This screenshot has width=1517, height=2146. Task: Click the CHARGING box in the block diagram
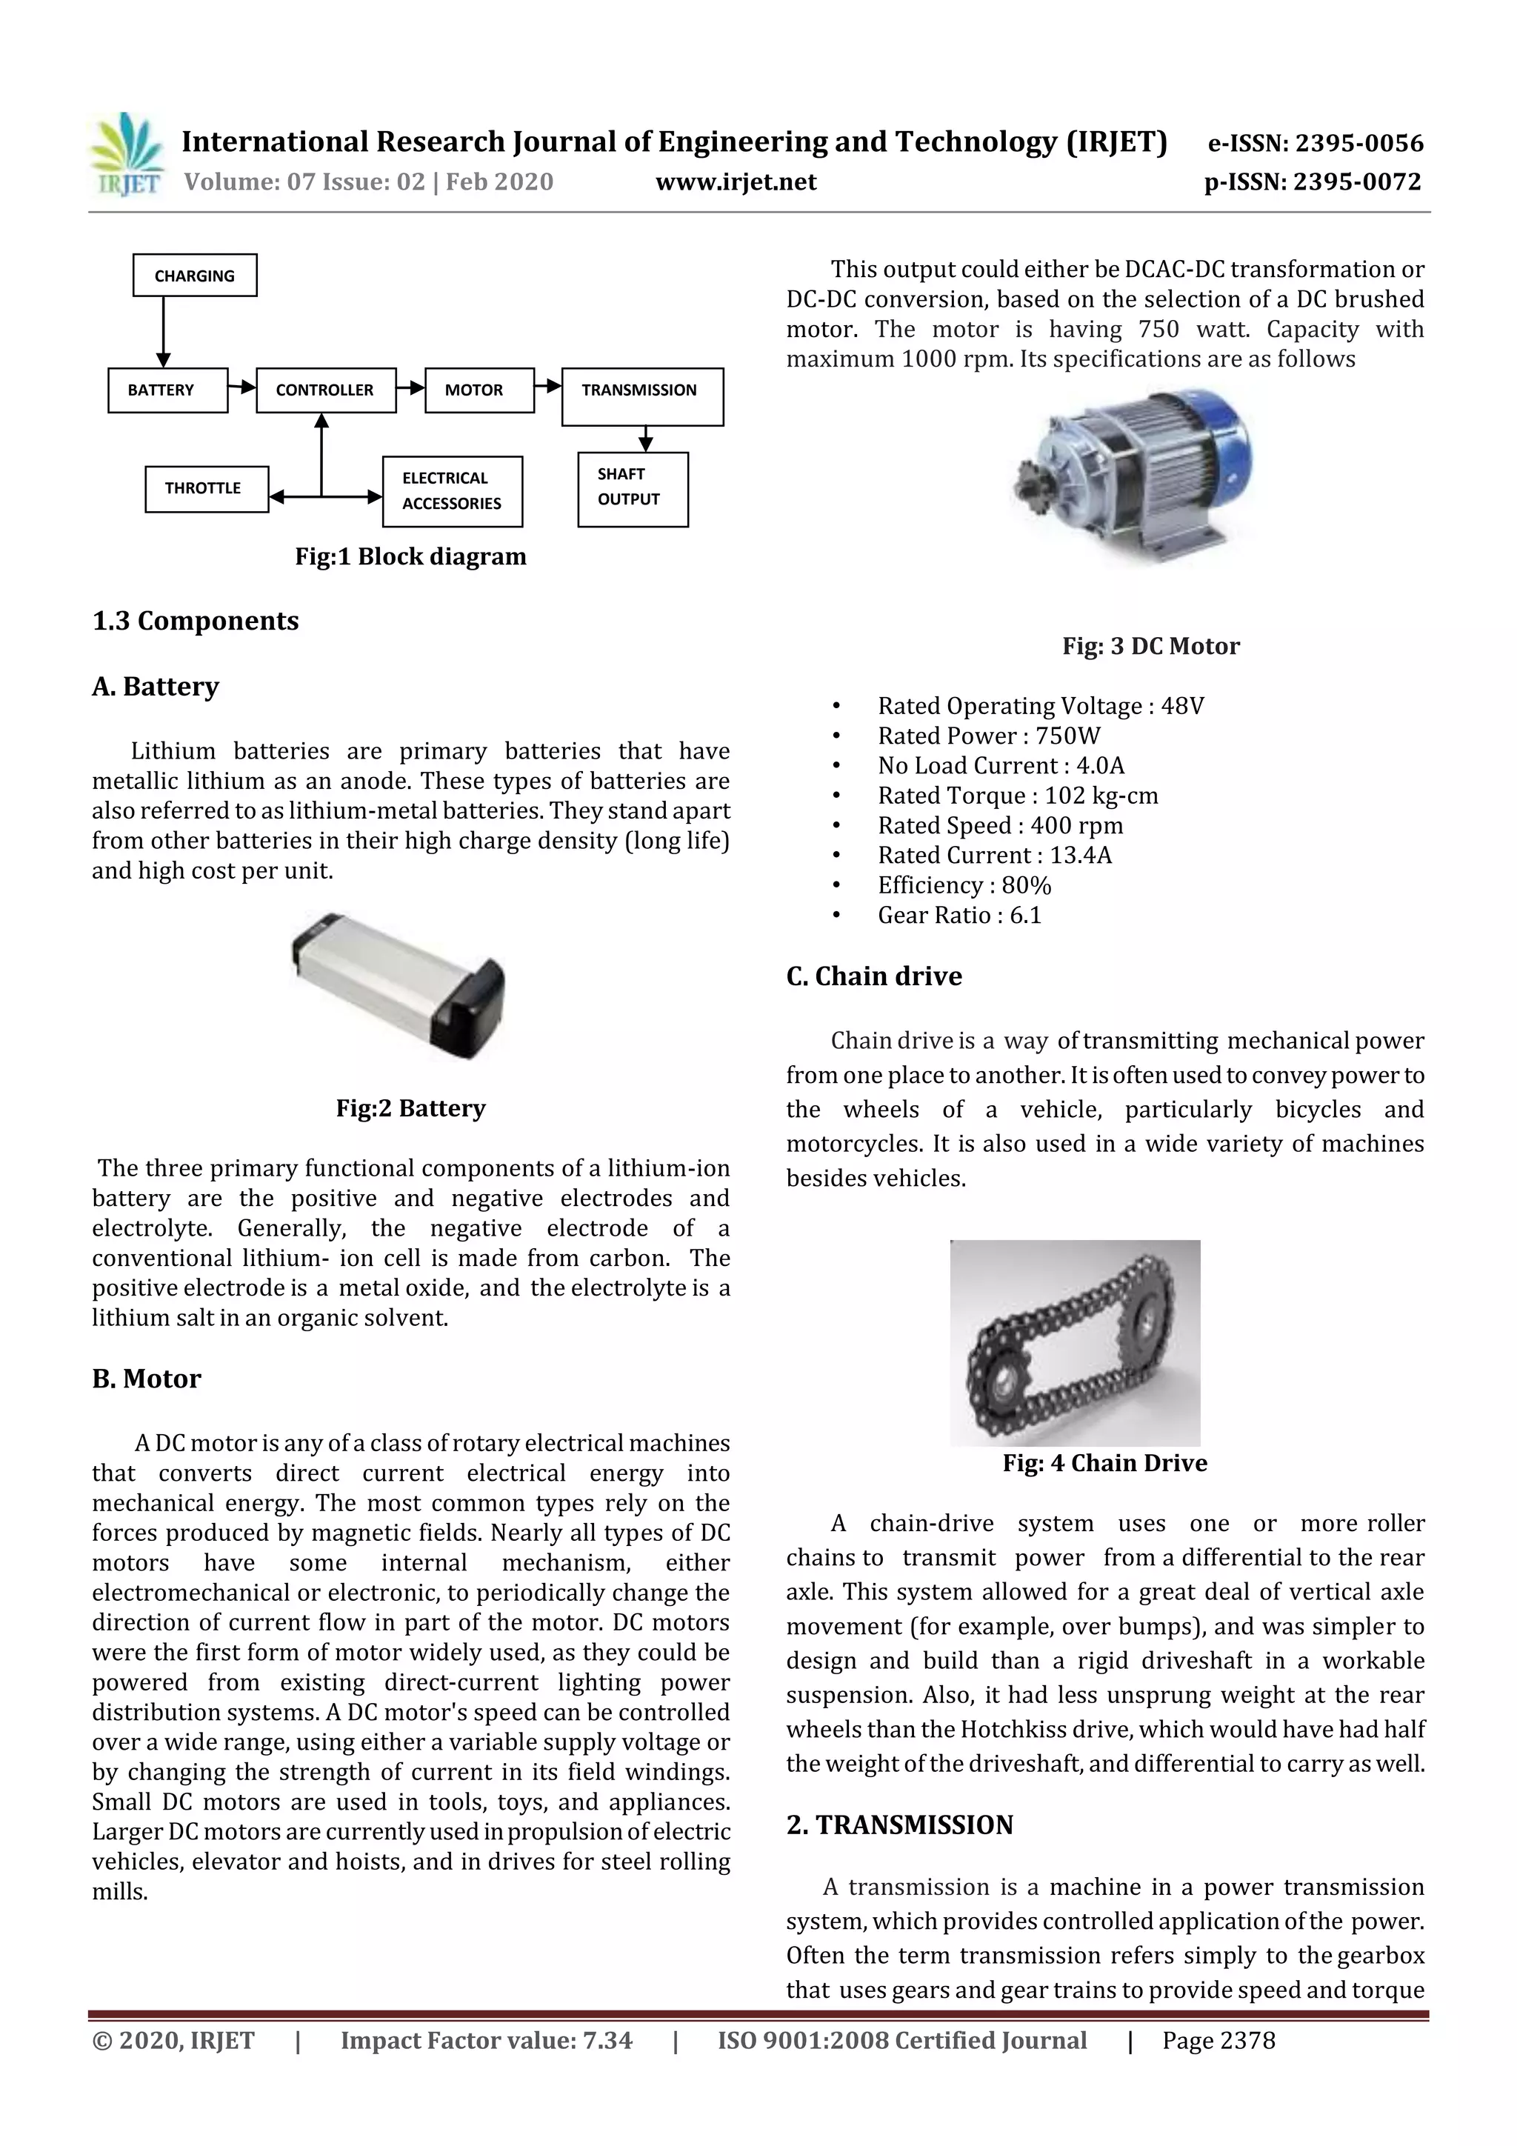(x=194, y=276)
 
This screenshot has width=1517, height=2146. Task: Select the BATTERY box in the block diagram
(x=167, y=390)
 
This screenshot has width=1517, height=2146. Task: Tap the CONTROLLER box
(x=325, y=390)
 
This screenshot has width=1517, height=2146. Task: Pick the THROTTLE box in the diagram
(x=206, y=489)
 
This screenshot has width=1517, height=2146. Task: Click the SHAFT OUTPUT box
(x=633, y=489)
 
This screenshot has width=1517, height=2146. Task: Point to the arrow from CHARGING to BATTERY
(x=164, y=332)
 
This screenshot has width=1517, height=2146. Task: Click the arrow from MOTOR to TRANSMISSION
(x=547, y=385)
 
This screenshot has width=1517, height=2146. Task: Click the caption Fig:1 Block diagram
(x=410, y=557)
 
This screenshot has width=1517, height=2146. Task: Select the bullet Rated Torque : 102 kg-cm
(x=1017, y=796)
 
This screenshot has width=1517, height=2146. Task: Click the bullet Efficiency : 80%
(x=964, y=886)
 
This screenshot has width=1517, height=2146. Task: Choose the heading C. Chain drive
(x=874, y=977)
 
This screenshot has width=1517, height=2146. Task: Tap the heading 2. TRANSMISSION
(x=899, y=1825)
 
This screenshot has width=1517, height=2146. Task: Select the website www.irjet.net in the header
(x=736, y=182)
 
